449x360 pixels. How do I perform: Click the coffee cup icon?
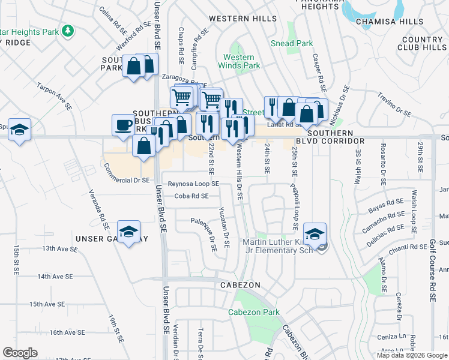124,125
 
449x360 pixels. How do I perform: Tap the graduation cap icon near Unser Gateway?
128,232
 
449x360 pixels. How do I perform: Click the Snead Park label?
292,43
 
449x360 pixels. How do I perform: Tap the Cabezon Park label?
254,312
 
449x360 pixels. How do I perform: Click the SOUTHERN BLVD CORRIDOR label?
336,137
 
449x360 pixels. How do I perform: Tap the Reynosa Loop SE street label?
193,184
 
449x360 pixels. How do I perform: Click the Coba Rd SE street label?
191,196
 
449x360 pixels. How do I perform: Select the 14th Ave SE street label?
55,277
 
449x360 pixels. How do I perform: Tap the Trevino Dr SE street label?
394,104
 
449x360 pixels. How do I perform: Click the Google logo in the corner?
20,353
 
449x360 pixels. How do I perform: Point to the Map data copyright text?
412,355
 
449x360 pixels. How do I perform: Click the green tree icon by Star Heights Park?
69,29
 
